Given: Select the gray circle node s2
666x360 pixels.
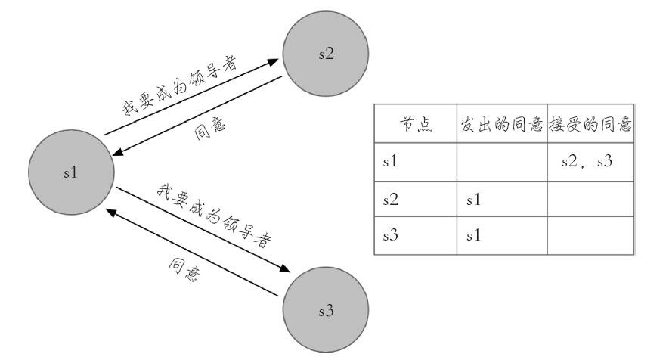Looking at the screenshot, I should [x=326, y=57].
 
